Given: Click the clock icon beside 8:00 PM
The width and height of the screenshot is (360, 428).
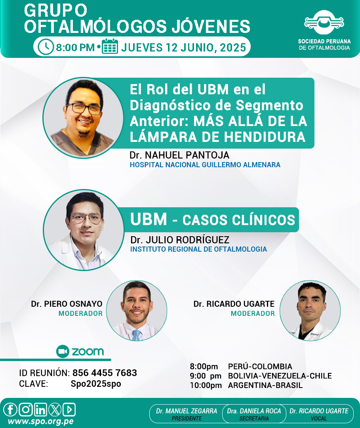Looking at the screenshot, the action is [46, 47].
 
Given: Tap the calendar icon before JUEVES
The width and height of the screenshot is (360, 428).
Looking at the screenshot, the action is [110, 47].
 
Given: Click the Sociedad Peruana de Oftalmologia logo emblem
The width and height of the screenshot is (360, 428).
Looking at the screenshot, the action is [324, 22].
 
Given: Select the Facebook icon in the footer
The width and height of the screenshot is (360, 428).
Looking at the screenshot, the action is [10, 409].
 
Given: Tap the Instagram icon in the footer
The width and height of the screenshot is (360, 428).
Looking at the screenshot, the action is [26, 409].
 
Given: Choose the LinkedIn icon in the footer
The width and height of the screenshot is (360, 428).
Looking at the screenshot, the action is [40, 409].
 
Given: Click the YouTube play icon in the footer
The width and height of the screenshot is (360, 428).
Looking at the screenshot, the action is [69, 409].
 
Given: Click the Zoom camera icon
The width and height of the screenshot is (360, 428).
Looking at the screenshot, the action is [63, 351].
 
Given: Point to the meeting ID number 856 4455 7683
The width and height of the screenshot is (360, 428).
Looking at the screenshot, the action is [105, 373].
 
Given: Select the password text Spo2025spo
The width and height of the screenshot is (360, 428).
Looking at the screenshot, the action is [96, 384].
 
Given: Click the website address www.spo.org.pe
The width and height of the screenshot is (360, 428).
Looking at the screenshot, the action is [41, 421].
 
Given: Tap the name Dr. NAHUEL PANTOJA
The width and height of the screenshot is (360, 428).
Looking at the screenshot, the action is [179, 155].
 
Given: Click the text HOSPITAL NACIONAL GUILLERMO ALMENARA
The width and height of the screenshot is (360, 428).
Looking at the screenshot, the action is [205, 165].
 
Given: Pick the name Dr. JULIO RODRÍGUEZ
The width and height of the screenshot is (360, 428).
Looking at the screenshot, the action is [180, 240].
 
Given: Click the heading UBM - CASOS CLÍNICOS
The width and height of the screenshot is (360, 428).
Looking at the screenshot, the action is [213, 220].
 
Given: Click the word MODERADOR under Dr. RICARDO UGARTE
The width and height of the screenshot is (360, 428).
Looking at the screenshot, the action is [253, 313].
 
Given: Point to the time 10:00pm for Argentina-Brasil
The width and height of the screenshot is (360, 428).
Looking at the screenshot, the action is [206, 386].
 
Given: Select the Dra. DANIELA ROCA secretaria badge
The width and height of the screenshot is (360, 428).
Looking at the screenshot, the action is [254, 414].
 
